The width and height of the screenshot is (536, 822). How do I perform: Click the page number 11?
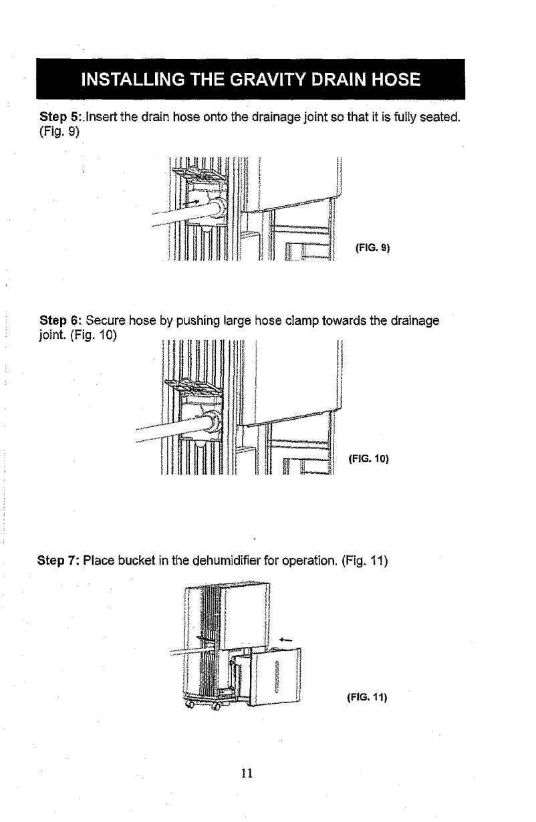pyautogui.click(x=247, y=773)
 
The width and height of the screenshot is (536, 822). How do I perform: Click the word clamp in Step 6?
pyautogui.click(x=296, y=321)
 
